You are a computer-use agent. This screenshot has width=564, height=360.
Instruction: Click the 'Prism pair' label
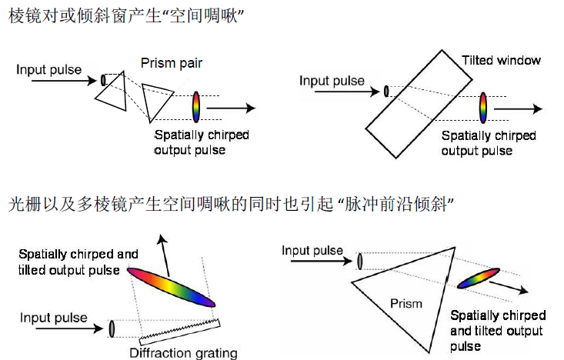172,62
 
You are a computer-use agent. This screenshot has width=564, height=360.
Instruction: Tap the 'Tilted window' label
501,60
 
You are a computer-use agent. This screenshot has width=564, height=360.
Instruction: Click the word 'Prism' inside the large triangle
405,303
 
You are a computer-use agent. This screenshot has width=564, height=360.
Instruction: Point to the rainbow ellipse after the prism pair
196,108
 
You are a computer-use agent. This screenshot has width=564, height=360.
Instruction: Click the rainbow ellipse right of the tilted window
483,108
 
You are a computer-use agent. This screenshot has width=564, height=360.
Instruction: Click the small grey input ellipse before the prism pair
103,79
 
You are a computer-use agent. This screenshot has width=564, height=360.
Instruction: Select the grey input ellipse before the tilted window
385,92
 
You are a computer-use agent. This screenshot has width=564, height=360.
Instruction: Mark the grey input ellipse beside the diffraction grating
112,328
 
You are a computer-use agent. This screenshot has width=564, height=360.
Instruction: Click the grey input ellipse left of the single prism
359,261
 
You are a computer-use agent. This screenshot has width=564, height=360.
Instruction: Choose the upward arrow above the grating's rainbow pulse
161,250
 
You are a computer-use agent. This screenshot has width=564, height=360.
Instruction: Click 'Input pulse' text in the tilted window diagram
332,81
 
